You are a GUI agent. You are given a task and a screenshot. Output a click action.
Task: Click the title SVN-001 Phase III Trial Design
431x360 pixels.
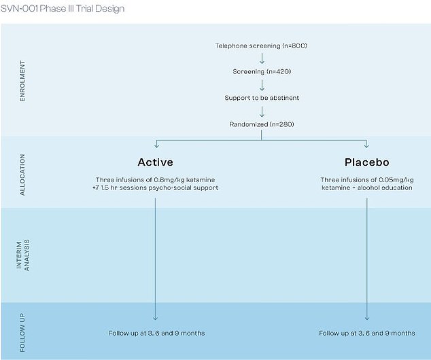63,9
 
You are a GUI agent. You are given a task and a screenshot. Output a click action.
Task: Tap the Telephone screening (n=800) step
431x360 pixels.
261,46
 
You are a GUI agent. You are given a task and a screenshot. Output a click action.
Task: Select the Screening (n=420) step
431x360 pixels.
262,72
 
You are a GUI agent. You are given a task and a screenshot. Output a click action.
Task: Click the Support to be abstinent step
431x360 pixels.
262,98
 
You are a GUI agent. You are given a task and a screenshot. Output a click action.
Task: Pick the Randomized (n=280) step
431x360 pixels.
262,124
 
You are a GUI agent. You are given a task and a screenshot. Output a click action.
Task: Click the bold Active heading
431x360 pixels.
156,162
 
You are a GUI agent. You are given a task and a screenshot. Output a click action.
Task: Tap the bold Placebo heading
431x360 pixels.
367,162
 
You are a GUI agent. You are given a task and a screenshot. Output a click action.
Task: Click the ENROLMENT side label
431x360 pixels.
22,81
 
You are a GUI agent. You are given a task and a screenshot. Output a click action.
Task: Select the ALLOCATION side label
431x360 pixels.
22,175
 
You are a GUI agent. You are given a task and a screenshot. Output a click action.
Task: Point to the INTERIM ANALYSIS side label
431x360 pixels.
23,255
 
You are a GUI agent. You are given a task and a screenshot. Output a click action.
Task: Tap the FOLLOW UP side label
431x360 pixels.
22,333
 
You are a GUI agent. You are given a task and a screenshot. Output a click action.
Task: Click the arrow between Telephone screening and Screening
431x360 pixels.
262,58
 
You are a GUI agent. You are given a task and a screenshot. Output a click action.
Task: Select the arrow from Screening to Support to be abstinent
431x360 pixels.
262,85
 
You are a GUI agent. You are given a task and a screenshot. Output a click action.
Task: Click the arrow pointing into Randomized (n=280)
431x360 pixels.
262,111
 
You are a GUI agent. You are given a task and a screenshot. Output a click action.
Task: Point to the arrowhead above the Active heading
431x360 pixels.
156,145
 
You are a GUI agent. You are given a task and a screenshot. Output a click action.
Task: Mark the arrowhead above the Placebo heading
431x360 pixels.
366,145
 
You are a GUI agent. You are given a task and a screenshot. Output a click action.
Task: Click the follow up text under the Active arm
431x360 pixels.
156,333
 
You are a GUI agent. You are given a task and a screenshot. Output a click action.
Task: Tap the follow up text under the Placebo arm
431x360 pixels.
367,333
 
